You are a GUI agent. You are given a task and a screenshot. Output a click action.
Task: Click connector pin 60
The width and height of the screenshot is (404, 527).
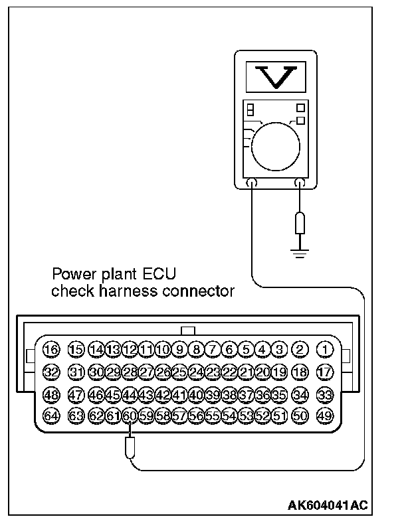pos(130,416)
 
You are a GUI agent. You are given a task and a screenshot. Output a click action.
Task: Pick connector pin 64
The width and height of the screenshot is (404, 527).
pos(51,416)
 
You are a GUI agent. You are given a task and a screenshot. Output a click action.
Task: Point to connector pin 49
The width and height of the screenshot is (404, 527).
pos(325,416)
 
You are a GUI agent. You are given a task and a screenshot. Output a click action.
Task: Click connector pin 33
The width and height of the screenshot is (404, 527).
pos(325,395)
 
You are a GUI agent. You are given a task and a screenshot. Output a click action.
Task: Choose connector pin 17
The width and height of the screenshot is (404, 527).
pos(325,372)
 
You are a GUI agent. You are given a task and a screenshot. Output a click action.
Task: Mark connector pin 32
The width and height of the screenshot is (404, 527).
pos(51,372)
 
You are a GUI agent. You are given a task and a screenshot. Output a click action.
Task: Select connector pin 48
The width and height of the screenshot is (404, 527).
pos(51,395)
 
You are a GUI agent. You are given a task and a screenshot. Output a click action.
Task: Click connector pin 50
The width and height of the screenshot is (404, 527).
pos(300,416)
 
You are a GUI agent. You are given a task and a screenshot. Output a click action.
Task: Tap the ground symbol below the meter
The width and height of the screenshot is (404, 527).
pos(300,252)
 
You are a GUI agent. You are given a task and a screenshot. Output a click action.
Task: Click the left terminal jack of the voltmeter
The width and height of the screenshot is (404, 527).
pos(252,183)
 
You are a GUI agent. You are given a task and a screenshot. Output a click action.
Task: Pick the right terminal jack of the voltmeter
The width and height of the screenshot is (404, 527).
pos(300,183)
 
